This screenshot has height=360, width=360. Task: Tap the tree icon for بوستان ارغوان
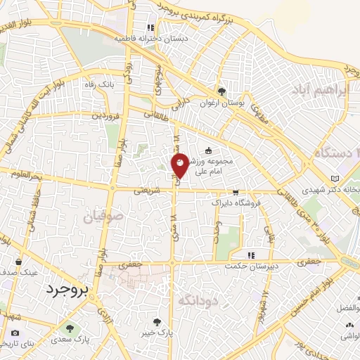(222, 91)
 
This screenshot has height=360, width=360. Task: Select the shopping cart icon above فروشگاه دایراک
(236, 191)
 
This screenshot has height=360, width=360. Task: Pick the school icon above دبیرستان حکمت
(250, 255)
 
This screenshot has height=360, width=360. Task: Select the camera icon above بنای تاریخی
(15, 333)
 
